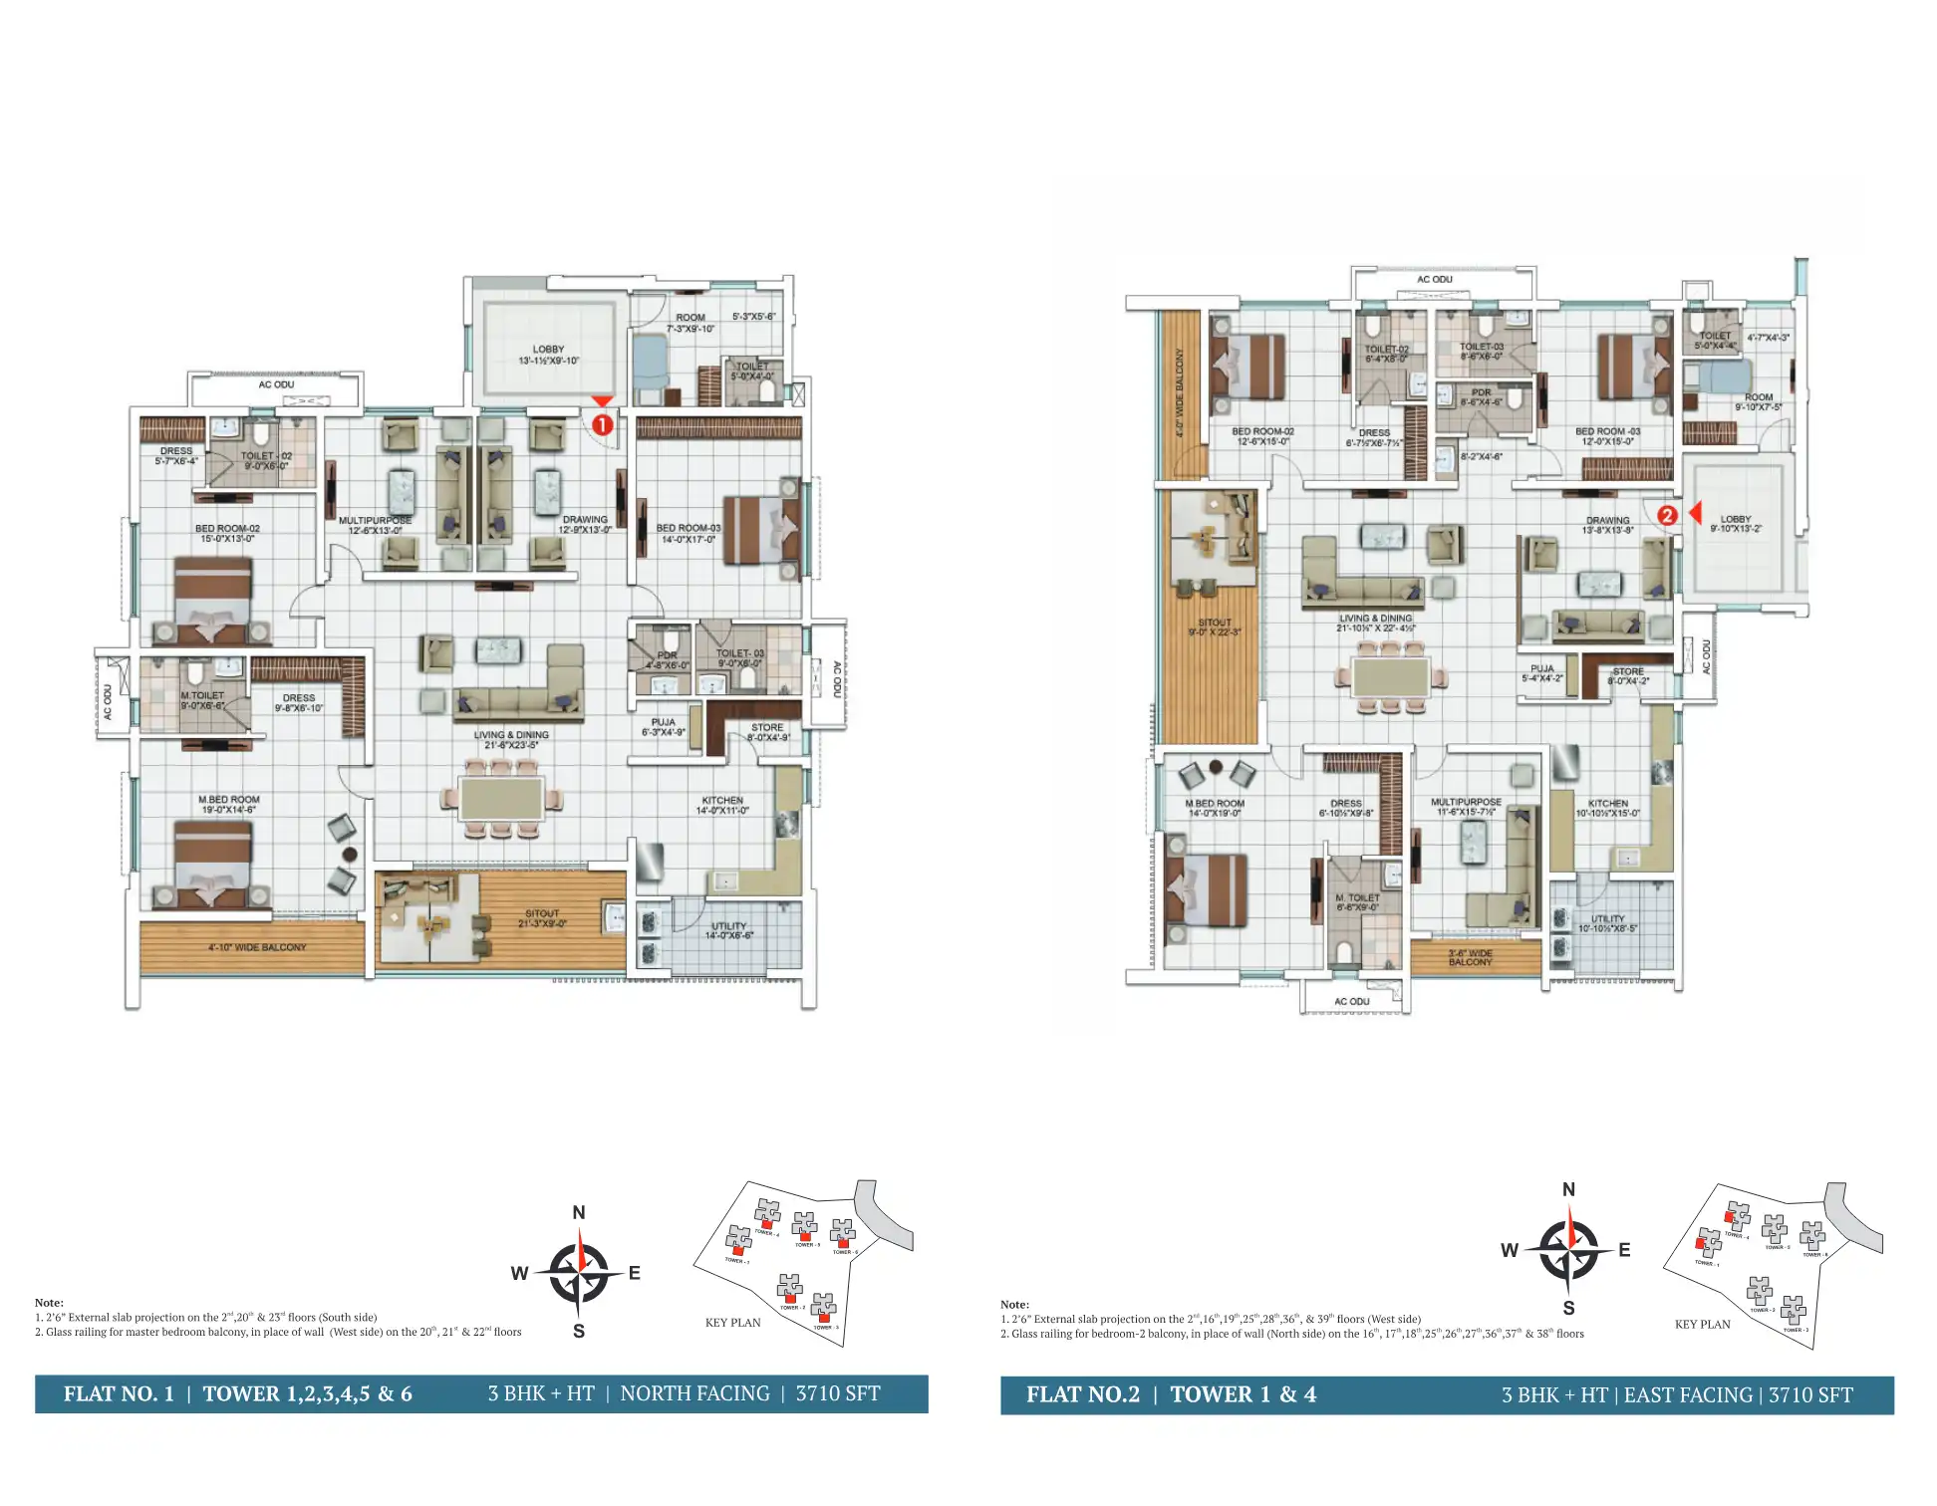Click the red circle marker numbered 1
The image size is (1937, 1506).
(x=602, y=424)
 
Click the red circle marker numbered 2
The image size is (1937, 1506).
(x=1667, y=515)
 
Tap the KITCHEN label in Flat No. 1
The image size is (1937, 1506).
(x=722, y=801)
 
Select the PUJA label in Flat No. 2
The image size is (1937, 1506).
(x=1541, y=669)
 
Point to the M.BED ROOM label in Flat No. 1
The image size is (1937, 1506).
(x=228, y=800)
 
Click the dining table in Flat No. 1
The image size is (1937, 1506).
(x=501, y=799)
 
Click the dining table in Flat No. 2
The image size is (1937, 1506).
(x=1391, y=676)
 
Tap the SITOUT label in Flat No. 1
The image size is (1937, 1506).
(x=542, y=913)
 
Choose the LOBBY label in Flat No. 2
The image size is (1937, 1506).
(x=1735, y=519)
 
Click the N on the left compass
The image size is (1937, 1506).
(x=579, y=1213)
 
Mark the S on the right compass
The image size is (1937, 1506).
(x=1569, y=1309)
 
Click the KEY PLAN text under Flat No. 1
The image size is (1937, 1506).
(x=732, y=1323)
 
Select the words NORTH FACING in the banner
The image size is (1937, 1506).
(x=694, y=1393)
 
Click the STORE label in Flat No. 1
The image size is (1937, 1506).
(x=767, y=728)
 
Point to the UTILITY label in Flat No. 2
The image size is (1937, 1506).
(x=1607, y=919)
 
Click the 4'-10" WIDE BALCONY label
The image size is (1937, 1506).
(x=256, y=947)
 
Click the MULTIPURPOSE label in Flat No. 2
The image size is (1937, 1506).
(x=1466, y=802)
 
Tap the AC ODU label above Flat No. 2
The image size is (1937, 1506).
(x=1434, y=280)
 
